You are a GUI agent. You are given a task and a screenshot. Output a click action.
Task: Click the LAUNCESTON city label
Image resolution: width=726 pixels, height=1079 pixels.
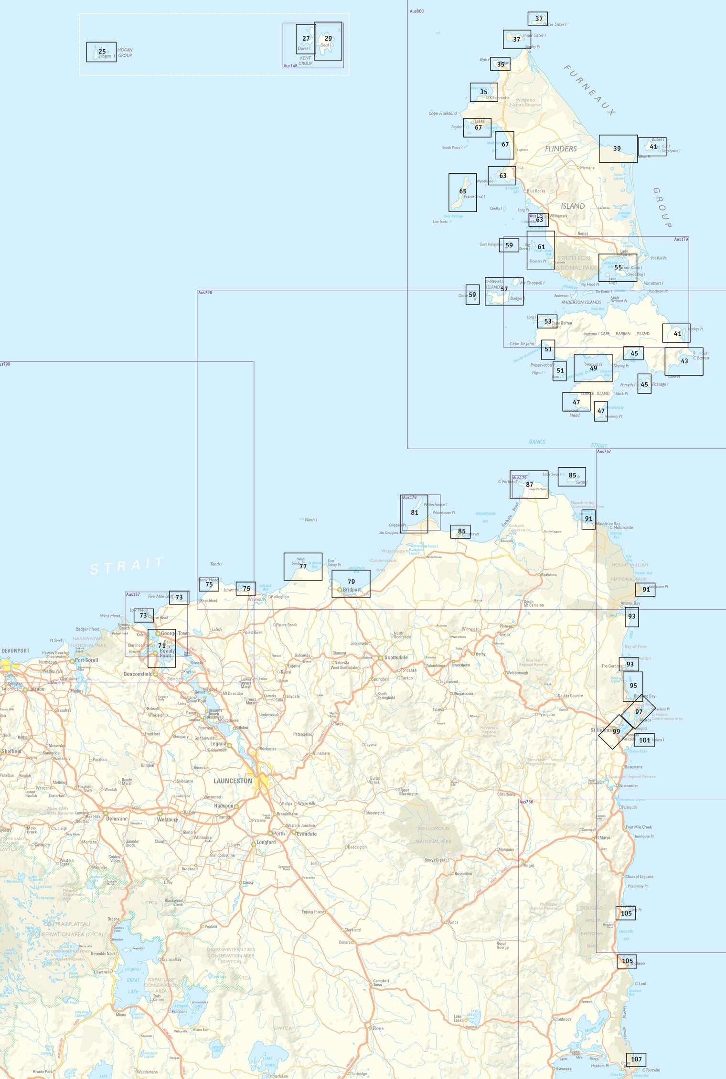[x=233, y=781]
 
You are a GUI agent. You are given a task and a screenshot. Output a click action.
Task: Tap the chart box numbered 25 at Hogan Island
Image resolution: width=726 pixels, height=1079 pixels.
[x=101, y=52]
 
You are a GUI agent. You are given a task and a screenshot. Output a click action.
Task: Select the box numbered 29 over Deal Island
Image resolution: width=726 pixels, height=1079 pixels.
[x=328, y=41]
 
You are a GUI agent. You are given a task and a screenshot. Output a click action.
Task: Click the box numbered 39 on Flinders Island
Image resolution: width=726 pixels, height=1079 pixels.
[x=618, y=148]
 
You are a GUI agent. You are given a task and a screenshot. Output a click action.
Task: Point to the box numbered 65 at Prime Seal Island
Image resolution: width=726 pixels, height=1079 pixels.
[x=462, y=192]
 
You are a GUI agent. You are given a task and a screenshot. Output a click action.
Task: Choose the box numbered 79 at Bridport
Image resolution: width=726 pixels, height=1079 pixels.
[x=351, y=583]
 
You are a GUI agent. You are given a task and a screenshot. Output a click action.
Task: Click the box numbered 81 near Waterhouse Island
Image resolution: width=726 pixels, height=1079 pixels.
[x=414, y=513]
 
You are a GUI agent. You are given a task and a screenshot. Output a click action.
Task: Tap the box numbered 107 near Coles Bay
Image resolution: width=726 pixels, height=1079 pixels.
[x=636, y=1059]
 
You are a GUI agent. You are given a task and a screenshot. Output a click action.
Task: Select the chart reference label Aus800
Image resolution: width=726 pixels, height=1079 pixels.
[x=416, y=11]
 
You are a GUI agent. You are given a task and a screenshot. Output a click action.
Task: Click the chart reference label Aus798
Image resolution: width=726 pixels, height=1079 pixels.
[x=205, y=293]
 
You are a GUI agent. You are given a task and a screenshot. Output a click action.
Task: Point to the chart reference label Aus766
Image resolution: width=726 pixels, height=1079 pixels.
[x=526, y=802]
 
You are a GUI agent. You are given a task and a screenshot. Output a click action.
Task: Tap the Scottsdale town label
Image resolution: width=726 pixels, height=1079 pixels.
[x=396, y=657]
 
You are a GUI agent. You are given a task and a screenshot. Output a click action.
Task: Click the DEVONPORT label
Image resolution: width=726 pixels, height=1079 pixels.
[x=15, y=650]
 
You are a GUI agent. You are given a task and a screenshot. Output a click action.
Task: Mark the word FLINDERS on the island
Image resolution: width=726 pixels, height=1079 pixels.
[x=561, y=149]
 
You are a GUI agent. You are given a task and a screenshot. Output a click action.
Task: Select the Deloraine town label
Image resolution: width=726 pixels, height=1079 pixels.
[x=117, y=818]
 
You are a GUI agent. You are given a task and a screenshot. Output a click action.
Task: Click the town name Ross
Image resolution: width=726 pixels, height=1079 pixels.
[x=378, y=1028]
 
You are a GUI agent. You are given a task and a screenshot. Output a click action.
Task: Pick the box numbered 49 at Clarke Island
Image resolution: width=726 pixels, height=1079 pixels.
[x=593, y=368]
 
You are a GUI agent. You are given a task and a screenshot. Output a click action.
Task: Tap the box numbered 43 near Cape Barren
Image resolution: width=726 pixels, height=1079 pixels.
[x=684, y=361]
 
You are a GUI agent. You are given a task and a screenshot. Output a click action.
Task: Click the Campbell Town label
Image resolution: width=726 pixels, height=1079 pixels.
[x=381, y=983]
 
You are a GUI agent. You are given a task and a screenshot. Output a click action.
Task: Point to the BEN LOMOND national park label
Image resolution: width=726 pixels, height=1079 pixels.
[x=433, y=828]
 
